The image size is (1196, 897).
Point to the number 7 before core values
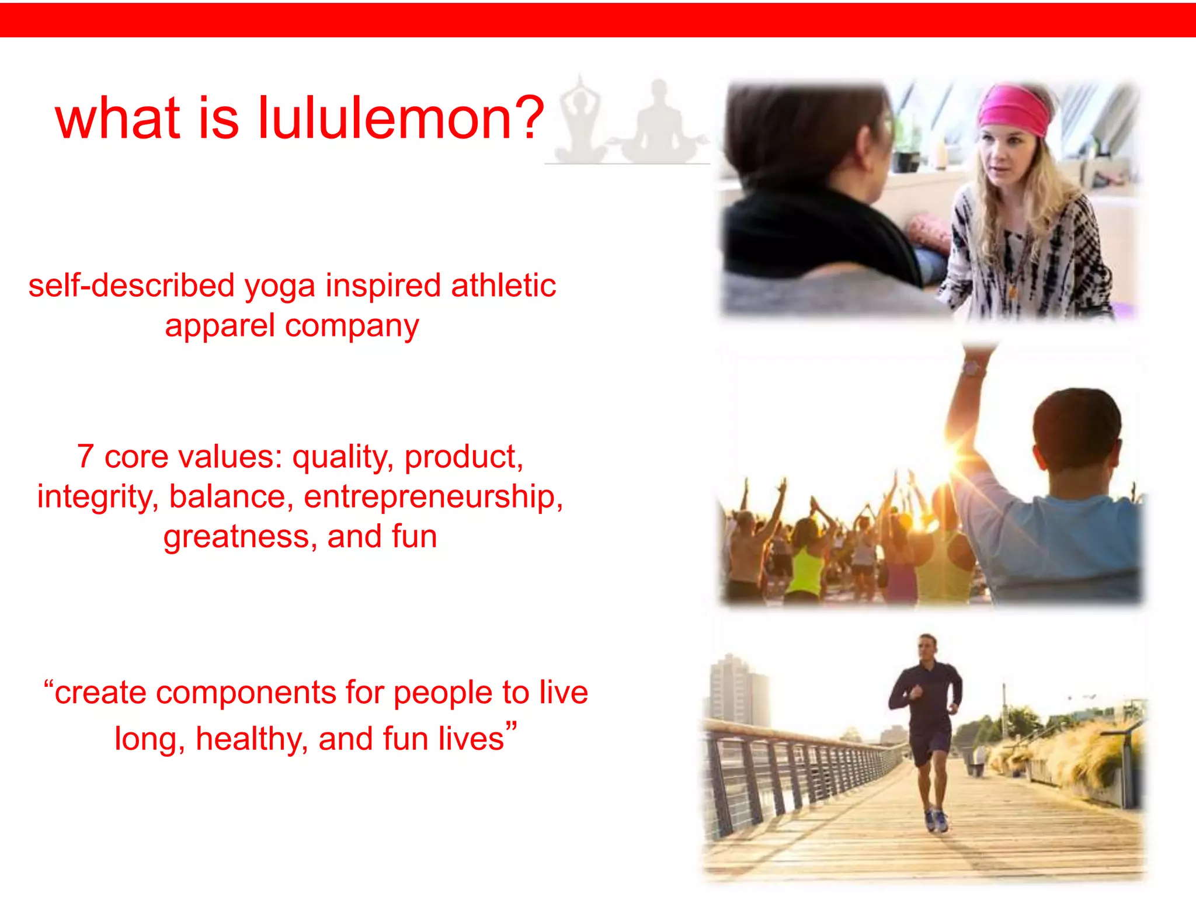pyautogui.click(x=85, y=456)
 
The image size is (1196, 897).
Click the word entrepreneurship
pyautogui.click(x=433, y=498)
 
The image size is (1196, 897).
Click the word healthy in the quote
pyautogui.click(x=252, y=739)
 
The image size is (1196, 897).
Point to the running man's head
pyautogui.click(x=927, y=647)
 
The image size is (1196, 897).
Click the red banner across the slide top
pyautogui.click(x=598, y=19)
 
